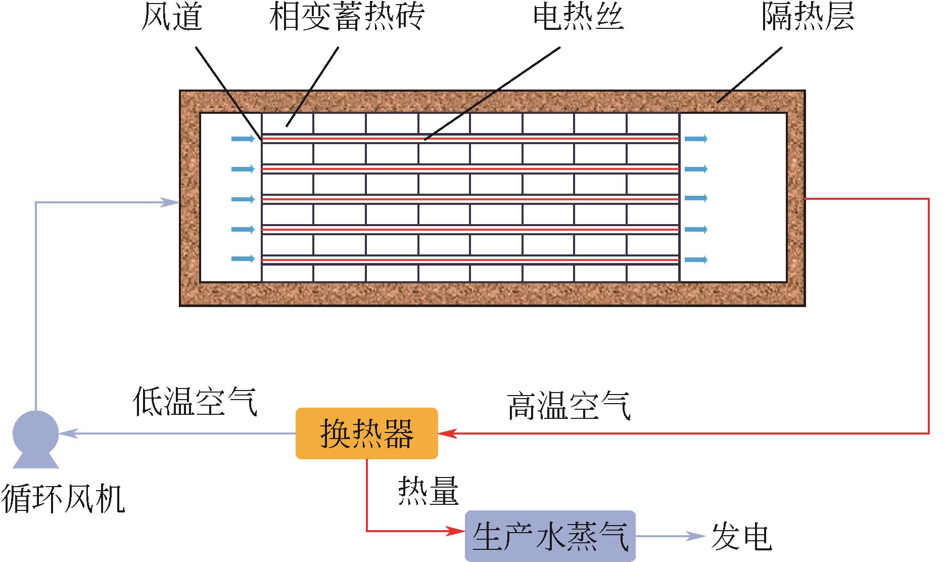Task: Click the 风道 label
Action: (x=172, y=17)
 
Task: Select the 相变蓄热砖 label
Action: (x=346, y=17)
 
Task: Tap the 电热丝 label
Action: (x=578, y=17)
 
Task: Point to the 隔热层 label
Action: (x=808, y=17)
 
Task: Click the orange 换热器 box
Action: (x=366, y=434)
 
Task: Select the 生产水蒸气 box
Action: (x=550, y=536)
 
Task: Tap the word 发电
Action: (x=741, y=536)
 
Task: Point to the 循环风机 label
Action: (x=63, y=498)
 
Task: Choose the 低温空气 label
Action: (x=195, y=402)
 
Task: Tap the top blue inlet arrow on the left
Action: (x=243, y=139)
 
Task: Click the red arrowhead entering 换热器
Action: (x=448, y=434)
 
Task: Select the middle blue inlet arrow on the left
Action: (x=243, y=199)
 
